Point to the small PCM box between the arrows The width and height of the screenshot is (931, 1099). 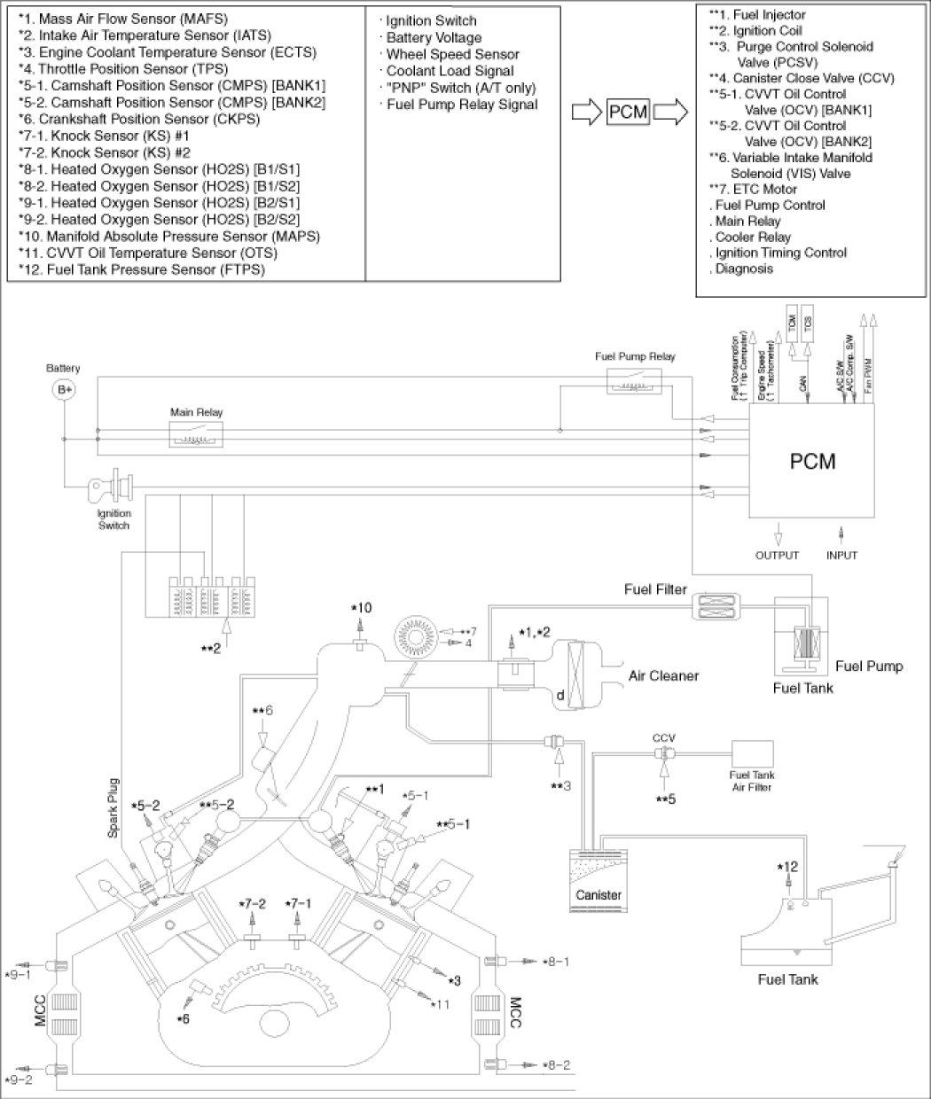tap(628, 114)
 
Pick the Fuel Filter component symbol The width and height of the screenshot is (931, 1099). tap(714, 606)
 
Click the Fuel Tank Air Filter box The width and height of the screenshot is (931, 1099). tap(749, 754)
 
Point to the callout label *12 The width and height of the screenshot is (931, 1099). tap(787, 867)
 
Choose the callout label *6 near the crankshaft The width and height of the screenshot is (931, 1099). tap(183, 1019)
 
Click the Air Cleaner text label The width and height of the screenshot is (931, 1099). tap(663, 676)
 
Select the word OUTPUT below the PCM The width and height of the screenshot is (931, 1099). tap(777, 556)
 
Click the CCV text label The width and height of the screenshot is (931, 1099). tap(664, 737)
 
